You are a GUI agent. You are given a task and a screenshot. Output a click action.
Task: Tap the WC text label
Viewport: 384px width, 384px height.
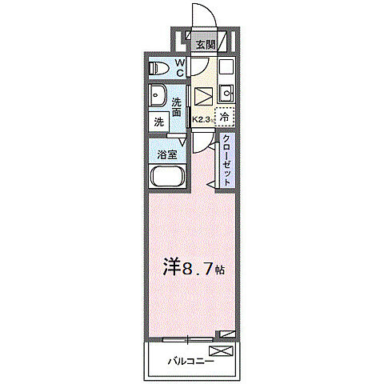[x=180, y=67]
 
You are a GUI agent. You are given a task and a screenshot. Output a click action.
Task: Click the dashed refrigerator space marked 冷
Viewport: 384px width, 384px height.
[x=226, y=115]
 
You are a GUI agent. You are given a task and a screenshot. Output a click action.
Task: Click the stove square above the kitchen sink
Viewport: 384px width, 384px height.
[x=226, y=66]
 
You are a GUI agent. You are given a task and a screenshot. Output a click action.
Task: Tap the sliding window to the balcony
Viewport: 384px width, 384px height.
[x=189, y=338]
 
